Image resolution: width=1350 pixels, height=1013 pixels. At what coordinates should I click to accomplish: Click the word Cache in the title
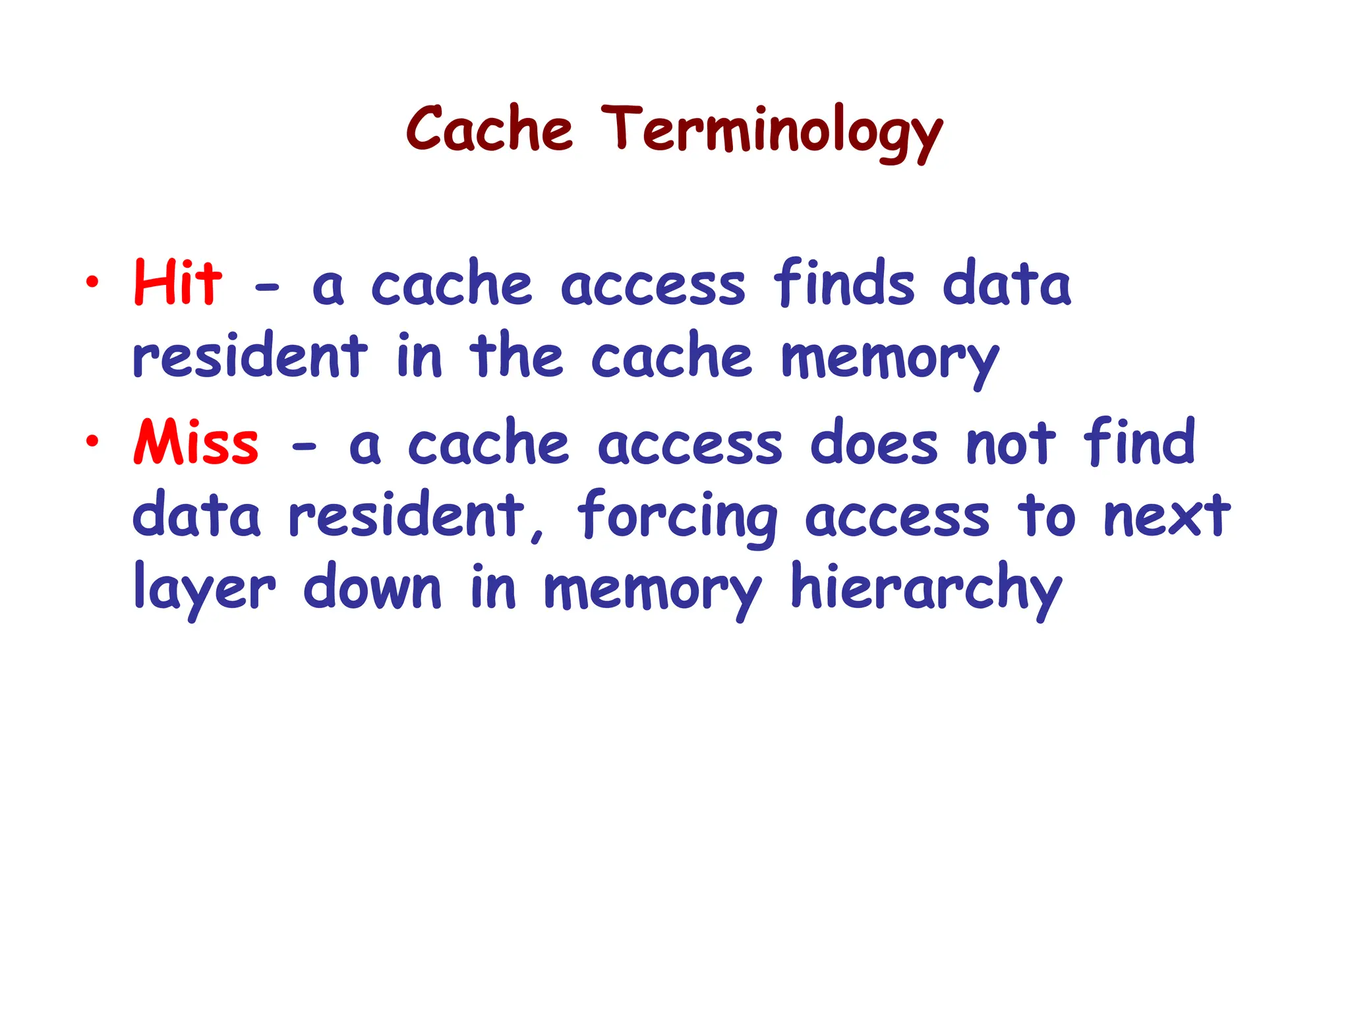489,130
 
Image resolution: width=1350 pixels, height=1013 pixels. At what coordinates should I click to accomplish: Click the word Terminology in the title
772,132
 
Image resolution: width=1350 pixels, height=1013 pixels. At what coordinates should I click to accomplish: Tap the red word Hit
177,284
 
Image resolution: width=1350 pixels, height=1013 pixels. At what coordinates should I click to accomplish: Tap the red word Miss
196,443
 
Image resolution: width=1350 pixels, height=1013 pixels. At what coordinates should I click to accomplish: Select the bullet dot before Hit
92,283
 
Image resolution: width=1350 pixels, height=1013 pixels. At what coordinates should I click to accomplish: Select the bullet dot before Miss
92,441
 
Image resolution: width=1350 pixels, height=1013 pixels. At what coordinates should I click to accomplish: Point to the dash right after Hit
267,288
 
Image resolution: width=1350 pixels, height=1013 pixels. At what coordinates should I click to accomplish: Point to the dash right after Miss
304,447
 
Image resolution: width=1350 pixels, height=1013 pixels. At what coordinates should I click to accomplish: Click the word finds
844,284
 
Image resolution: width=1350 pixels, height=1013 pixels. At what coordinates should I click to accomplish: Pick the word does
873,443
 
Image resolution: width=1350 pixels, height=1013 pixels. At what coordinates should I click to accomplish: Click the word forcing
678,518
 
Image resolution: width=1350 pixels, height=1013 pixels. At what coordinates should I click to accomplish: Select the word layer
204,589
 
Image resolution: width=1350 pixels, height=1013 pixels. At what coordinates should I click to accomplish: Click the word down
372,587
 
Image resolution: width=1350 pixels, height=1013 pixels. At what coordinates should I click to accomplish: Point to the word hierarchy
926,589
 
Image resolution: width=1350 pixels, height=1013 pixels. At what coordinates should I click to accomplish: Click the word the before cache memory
516,356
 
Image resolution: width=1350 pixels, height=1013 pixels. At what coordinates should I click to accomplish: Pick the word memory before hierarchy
653,590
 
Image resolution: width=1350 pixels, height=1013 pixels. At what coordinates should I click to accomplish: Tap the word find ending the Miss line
1139,441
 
